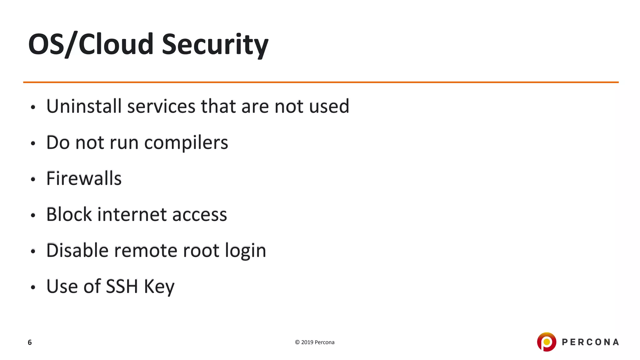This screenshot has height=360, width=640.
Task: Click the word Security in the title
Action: pyautogui.click(x=215, y=44)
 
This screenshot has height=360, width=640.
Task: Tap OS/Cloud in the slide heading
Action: pyautogui.click(x=91, y=44)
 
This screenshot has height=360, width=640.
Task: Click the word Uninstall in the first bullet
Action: pyautogui.click(x=84, y=106)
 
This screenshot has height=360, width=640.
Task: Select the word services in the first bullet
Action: pyautogui.click(x=161, y=106)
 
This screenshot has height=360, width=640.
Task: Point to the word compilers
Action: pyautogui.click(x=186, y=143)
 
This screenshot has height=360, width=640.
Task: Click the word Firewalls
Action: pyautogui.click(x=84, y=178)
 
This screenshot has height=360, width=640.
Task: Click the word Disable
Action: pyautogui.click(x=77, y=251)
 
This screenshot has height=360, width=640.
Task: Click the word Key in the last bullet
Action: pyautogui.click(x=159, y=287)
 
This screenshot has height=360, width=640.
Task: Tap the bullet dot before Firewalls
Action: pyautogui.click(x=33, y=180)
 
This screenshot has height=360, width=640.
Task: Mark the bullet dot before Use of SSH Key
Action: pyautogui.click(x=33, y=287)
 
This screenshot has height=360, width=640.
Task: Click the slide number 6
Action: pyautogui.click(x=30, y=342)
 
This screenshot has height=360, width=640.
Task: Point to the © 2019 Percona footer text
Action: pyautogui.click(x=315, y=342)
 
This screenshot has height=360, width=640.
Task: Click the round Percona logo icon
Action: pyautogui.click(x=547, y=342)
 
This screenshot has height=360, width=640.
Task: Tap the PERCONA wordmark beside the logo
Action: pyautogui.click(x=590, y=342)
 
